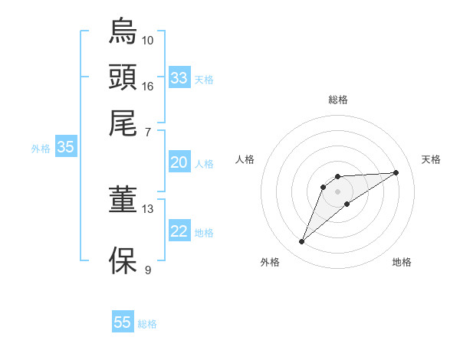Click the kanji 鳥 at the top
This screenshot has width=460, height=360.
123,31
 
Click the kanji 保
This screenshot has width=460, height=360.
123,260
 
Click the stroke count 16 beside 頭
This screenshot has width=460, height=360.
148,86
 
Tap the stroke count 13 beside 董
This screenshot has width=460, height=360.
148,208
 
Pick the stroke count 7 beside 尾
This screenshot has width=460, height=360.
148,132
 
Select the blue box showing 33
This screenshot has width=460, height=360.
179,78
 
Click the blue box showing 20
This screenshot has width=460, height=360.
179,162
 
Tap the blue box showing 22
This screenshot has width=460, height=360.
179,231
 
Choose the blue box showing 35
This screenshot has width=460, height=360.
65,148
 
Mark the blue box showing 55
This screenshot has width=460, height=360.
123,322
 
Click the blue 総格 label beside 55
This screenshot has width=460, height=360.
147,324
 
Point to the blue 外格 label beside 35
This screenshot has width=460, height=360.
41,149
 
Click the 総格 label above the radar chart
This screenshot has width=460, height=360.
338,100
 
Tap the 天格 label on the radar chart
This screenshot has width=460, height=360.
432,159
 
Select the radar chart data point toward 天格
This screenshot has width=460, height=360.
396,172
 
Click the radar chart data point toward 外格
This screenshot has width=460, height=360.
302,242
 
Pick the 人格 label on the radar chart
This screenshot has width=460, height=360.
245,159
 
